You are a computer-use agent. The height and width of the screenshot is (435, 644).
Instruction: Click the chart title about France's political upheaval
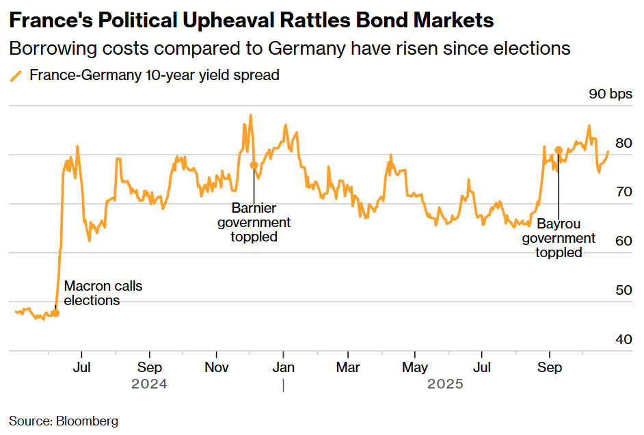(251, 21)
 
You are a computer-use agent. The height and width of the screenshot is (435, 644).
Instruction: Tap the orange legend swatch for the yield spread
(16, 76)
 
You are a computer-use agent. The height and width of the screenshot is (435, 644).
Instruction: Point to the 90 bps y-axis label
(611, 94)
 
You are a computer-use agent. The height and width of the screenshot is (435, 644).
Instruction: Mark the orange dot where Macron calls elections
(55, 313)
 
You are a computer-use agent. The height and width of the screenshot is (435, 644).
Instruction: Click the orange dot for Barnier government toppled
(254, 165)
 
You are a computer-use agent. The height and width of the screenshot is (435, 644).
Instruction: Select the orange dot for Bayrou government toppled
(559, 150)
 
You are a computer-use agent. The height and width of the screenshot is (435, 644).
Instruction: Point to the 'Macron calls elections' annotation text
(103, 293)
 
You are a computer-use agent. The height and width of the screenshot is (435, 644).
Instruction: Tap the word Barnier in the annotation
(254, 208)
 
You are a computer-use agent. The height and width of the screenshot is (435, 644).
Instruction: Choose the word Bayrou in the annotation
(559, 224)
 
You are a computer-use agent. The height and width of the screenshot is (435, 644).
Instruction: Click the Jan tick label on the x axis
(283, 367)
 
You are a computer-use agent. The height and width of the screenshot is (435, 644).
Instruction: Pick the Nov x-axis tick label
(216, 367)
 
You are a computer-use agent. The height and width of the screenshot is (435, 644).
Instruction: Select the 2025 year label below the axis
(445, 384)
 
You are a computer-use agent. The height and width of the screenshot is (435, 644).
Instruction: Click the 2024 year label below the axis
(149, 384)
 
